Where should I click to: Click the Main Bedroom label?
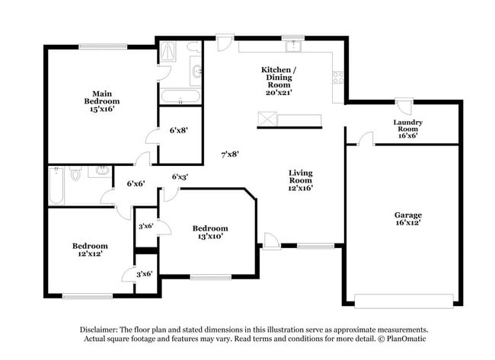point(102,100)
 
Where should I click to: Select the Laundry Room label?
point(407,126)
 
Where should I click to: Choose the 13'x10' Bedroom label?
point(209,232)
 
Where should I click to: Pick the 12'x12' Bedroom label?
point(90,250)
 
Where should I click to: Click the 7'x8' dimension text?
point(231,154)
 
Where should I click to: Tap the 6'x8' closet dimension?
point(178,130)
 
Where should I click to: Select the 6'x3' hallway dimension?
point(180,177)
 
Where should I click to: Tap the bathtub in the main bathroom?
point(180,97)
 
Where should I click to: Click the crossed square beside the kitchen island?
point(267,119)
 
